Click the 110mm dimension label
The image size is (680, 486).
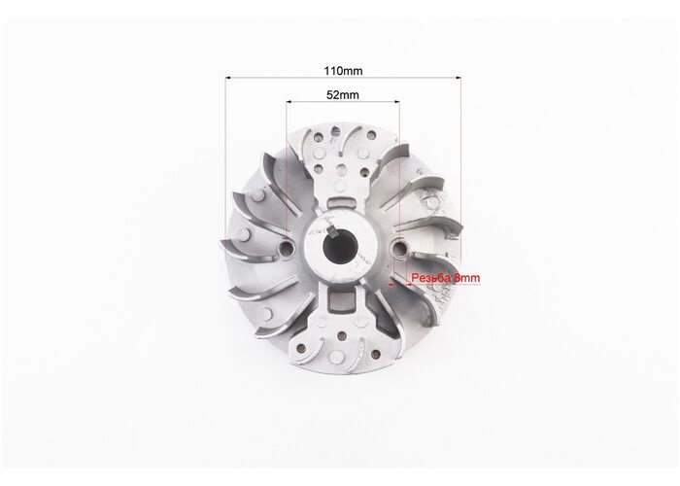[343, 71]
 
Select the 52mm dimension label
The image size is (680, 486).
[343, 94]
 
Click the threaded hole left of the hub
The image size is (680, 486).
[287, 248]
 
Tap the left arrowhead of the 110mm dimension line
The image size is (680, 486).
[228, 78]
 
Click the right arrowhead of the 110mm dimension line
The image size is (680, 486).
[458, 78]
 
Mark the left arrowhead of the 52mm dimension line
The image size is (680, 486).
[289, 102]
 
